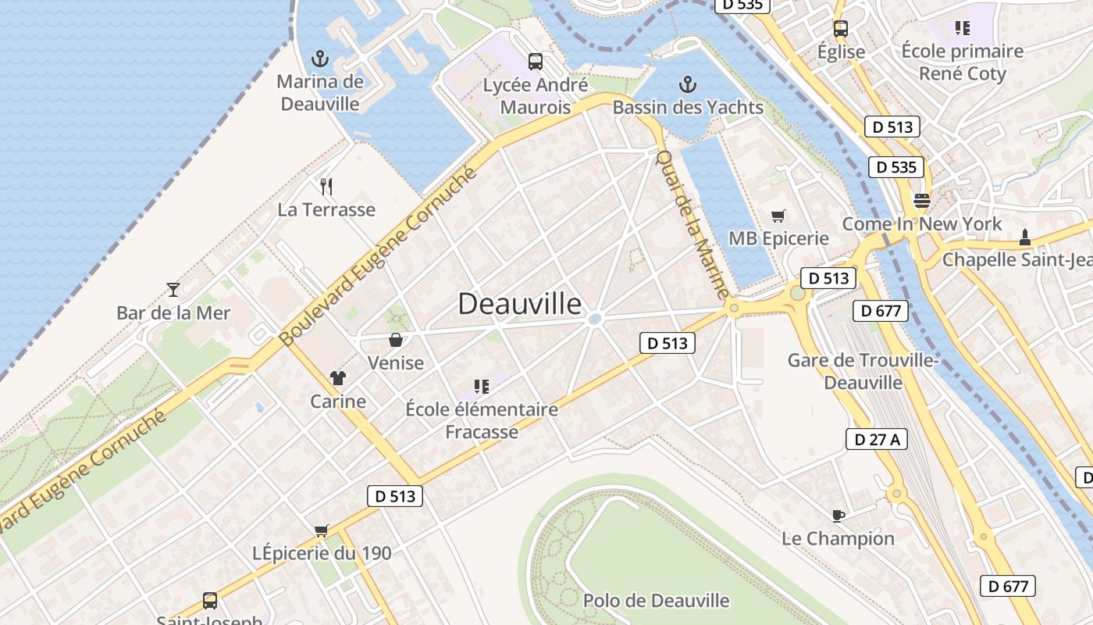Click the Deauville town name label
click(x=519, y=304)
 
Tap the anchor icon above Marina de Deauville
click(x=319, y=59)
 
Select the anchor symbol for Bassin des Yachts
click(x=688, y=84)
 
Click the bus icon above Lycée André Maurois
click(x=536, y=61)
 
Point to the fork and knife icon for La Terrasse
click(x=326, y=186)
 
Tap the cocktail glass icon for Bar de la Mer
click(x=173, y=290)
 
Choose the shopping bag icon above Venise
click(x=396, y=340)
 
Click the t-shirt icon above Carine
click(x=337, y=379)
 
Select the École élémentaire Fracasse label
click(x=482, y=420)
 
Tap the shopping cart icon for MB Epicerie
click(x=778, y=216)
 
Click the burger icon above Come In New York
click(x=922, y=200)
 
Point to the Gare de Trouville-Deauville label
click(x=863, y=371)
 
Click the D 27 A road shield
click(x=877, y=439)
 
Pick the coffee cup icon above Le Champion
click(x=838, y=516)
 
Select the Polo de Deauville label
click(x=656, y=601)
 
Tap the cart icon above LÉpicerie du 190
click(x=321, y=530)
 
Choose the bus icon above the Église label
click(x=841, y=29)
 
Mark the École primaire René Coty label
click(x=962, y=62)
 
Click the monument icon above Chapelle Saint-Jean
click(x=1025, y=236)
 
